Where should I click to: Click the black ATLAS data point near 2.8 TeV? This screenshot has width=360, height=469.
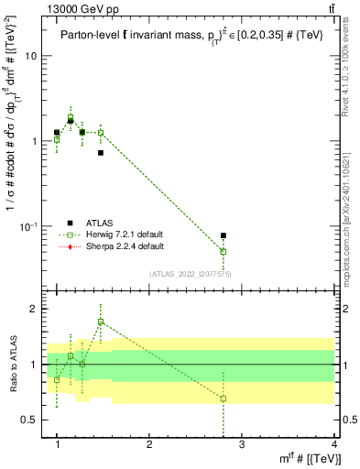click(x=224, y=235)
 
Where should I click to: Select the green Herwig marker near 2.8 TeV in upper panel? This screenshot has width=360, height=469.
click(x=224, y=251)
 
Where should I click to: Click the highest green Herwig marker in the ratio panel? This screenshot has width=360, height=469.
click(x=101, y=322)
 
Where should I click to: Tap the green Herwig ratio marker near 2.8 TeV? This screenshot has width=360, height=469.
click(x=224, y=398)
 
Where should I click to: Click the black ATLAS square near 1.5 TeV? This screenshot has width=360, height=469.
click(x=101, y=152)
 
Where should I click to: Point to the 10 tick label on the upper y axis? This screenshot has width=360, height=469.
click(x=31, y=56)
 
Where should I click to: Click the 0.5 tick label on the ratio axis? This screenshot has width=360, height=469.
click(x=31, y=420)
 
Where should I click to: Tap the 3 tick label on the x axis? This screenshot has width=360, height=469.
click(x=242, y=444)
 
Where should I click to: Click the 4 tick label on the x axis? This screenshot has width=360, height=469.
click(x=334, y=444)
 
